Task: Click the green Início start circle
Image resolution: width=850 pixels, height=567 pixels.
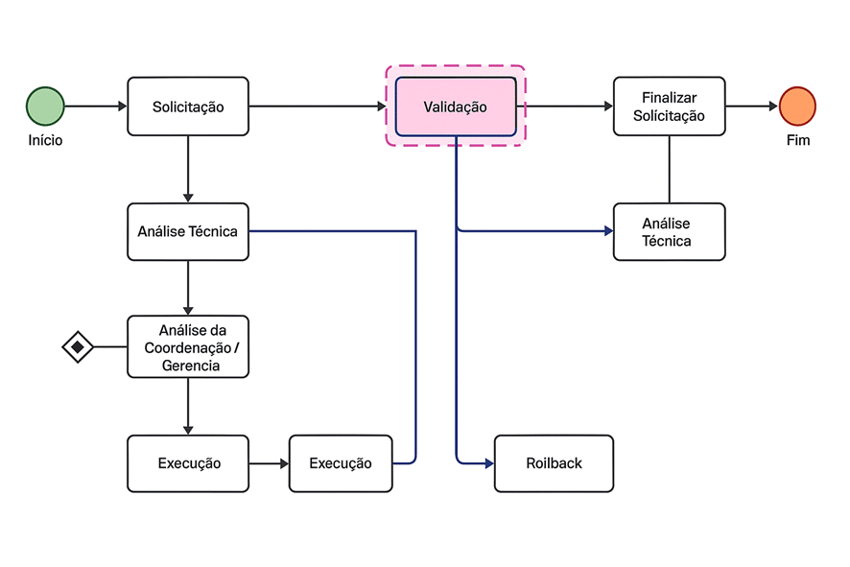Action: pyautogui.click(x=45, y=106)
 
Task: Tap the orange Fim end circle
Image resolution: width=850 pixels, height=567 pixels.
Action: pyautogui.click(x=797, y=106)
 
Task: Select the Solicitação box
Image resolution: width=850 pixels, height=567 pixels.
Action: pyautogui.click(x=188, y=106)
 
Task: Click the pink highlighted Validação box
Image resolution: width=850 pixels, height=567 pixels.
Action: pyautogui.click(x=456, y=106)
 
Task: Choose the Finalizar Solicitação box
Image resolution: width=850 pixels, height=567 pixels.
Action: pyautogui.click(x=669, y=106)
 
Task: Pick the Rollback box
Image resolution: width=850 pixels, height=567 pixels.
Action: pyautogui.click(x=554, y=463)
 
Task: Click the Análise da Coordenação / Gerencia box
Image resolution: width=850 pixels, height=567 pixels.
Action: pyautogui.click(x=188, y=346)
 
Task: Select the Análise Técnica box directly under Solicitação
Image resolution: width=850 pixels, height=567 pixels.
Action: pyautogui.click(x=188, y=231)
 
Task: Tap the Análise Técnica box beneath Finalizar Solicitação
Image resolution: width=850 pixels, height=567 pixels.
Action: pyautogui.click(x=669, y=231)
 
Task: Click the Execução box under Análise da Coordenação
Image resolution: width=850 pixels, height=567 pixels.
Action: pyautogui.click(x=188, y=463)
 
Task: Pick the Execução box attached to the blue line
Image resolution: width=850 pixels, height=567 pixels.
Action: pyautogui.click(x=341, y=463)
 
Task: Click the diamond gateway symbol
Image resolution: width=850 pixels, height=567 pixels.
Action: pyautogui.click(x=78, y=346)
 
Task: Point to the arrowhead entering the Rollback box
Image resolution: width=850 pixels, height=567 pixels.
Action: pyautogui.click(x=488, y=463)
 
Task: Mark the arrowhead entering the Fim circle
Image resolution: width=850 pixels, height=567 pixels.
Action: pyautogui.click(x=772, y=106)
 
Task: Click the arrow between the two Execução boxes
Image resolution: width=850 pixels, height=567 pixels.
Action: pyautogui.click(x=269, y=463)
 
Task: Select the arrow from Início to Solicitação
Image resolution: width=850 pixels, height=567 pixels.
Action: pyautogui.click(x=96, y=106)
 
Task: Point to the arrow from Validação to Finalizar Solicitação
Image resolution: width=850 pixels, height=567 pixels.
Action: pyautogui.click(x=566, y=106)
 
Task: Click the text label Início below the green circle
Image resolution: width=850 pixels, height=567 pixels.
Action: pyautogui.click(x=45, y=140)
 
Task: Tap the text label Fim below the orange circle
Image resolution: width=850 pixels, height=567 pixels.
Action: pyautogui.click(x=797, y=140)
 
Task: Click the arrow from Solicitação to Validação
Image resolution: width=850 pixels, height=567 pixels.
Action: pyautogui.click(x=317, y=106)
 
